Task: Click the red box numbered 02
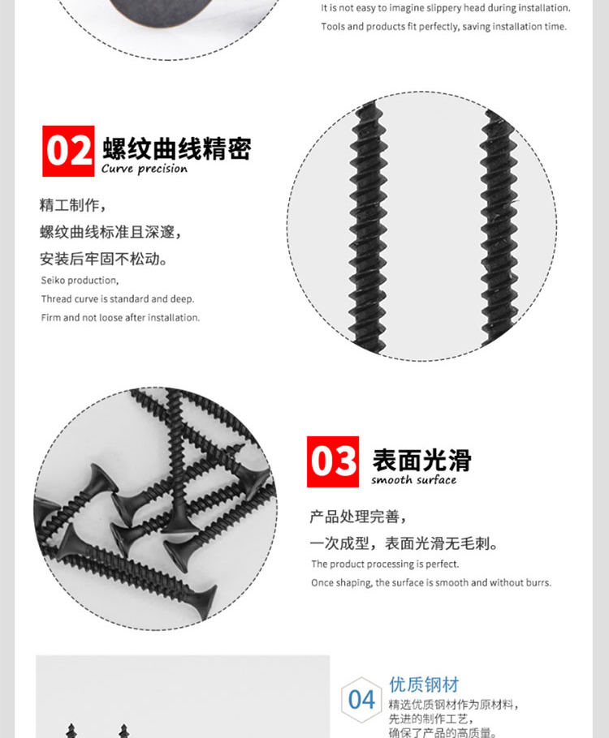click(x=68, y=151)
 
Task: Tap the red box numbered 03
click(x=333, y=461)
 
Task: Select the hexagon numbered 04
click(x=361, y=699)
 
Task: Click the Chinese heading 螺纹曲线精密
click(x=177, y=148)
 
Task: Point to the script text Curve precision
click(x=145, y=169)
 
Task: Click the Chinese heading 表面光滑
click(x=422, y=460)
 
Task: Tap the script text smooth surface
click(x=413, y=479)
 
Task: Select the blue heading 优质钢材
click(x=424, y=684)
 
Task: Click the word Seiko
click(x=53, y=280)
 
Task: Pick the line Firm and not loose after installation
click(x=120, y=318)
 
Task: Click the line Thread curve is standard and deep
click(x=118, y=299)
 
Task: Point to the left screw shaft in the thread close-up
click(x=368, y=226)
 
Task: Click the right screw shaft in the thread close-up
click(x=499, y=226)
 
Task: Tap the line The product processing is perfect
click(x=385, y=564)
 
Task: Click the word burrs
click(x=538, y=582)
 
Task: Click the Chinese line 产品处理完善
click(x=358, y=517)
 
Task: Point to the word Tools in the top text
click(x=333, y=26)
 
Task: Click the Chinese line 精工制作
click(x=73, y=204)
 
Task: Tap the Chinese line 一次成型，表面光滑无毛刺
click(x=404, y=543)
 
